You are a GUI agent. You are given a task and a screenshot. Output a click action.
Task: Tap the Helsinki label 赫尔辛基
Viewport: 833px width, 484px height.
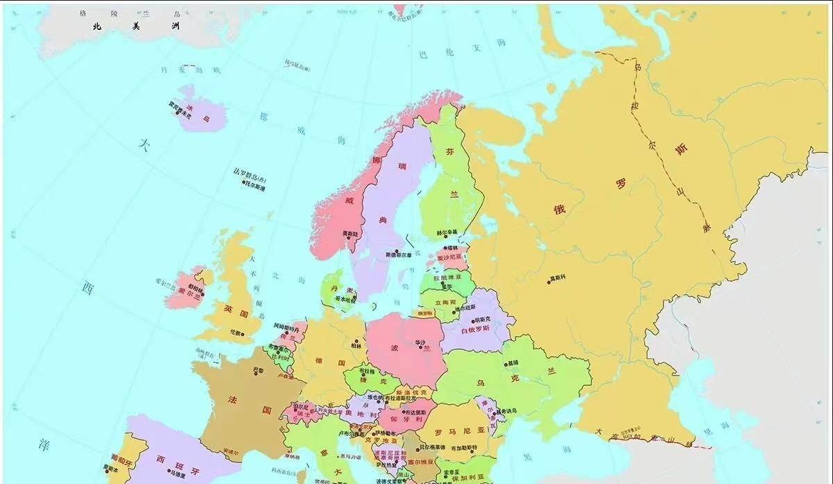(x=447, y=232)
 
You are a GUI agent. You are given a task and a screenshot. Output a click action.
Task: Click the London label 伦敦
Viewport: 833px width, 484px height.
(x=236, y=332)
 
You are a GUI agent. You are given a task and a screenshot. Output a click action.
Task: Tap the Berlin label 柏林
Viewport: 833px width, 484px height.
(x=356, y=345)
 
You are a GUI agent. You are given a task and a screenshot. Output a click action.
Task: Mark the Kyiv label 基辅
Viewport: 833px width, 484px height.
(x=513, y=363)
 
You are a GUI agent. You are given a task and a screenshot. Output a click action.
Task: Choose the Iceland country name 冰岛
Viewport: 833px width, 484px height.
(x=197, y=113)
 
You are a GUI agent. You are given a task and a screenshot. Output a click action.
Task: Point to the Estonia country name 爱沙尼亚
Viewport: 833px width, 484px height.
(x=448, y=256)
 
